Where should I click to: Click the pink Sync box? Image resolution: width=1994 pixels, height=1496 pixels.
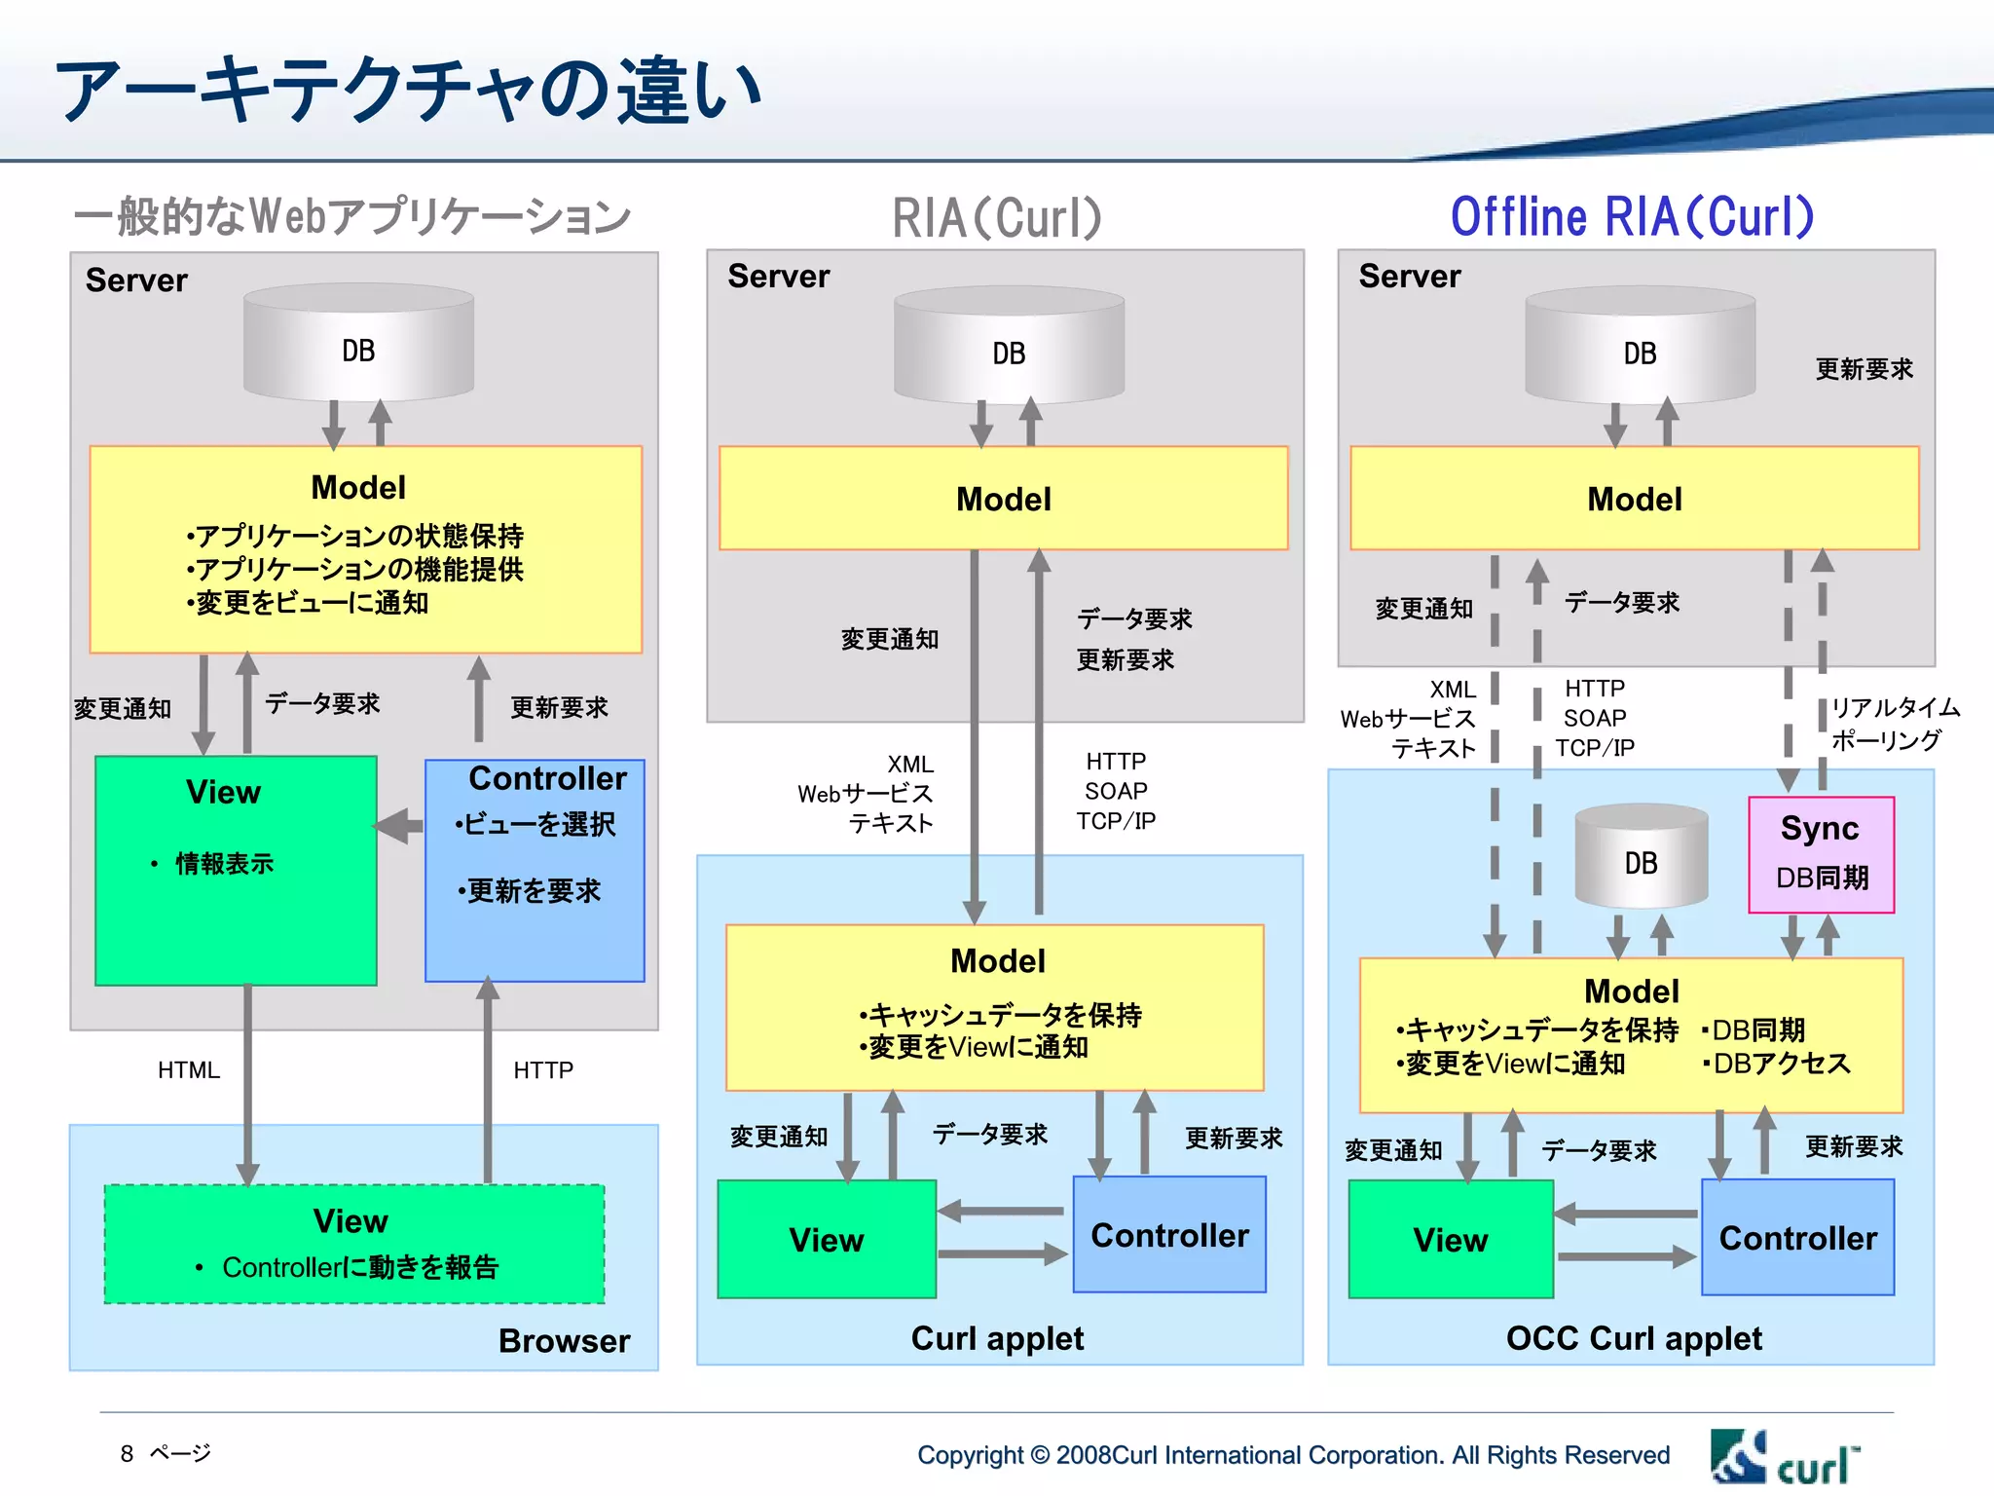pos(1820,854)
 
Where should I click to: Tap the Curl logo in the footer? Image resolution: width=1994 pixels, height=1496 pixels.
pos(1785,1457)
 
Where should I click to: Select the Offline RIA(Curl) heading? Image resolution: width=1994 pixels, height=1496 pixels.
pos(1632,216)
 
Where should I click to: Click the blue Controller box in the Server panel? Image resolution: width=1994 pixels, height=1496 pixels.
pos(535,870)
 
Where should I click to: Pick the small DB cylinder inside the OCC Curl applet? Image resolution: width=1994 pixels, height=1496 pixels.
pos(1641,857)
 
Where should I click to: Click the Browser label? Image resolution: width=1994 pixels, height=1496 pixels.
pos(564,1340)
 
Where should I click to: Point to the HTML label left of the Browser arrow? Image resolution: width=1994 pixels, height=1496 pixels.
pos(189,1069)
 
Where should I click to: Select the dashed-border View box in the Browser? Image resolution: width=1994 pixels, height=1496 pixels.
pos(354,1244)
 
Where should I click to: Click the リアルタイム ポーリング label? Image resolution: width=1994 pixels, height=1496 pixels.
pos(1894,724)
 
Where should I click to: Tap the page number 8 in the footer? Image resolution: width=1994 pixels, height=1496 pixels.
pos(127,1453)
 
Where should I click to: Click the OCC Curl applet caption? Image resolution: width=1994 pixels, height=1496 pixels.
pos(1633,1338)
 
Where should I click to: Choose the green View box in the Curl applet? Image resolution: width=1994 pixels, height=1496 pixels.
pos(827,1239)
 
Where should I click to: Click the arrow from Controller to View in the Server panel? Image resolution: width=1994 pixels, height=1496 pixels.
pos(400,826)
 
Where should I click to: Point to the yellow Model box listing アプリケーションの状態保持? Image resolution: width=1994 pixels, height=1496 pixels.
pos(365,548)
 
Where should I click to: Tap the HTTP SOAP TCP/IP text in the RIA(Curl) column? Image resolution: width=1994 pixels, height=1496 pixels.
pos(1116,791)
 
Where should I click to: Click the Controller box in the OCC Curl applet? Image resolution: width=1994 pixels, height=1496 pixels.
pos(1797,1237)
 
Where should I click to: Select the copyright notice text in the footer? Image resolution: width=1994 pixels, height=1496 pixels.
pos(1292,1455)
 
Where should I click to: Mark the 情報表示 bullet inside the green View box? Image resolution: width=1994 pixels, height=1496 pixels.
pos(223,863)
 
